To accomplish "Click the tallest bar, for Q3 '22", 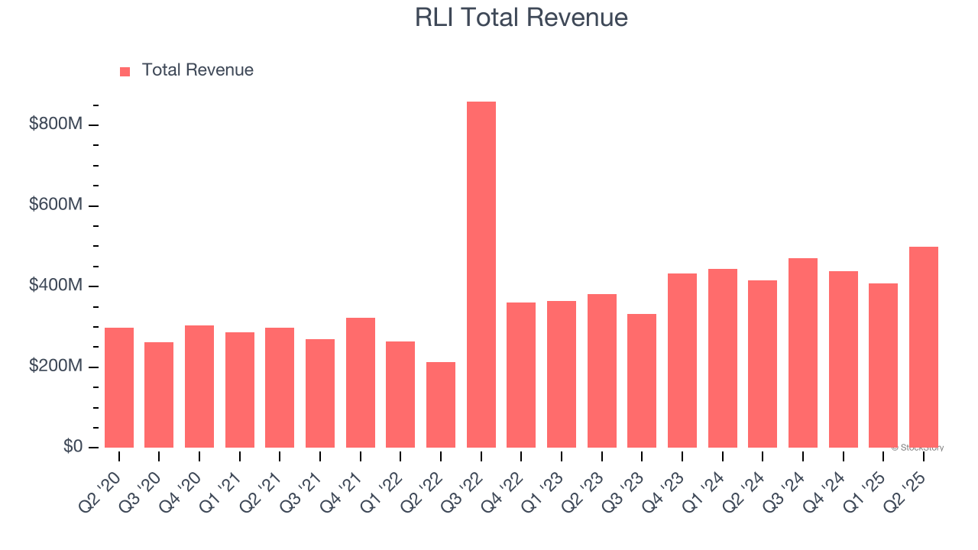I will pos(481,274).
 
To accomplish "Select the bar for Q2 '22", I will pos(441,404).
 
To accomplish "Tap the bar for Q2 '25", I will pos(923,347).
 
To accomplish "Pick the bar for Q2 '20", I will pos(119,387).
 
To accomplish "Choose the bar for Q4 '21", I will pos(360,382).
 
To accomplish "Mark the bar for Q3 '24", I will pos(802,352).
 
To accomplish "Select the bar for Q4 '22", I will pos(521,374).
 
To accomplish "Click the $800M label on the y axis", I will pos(55,124).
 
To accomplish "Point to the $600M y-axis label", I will pos(55,205).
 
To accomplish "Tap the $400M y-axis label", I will pos(55,286).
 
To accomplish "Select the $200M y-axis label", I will pos(55,367).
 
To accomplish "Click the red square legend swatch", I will pos(125,72).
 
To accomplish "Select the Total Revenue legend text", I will pos(197,70).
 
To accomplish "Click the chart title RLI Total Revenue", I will pos(521,18).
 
